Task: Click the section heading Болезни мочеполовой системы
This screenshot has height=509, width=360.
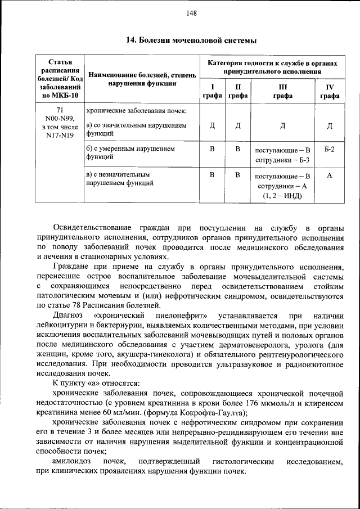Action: (x=191, y=40)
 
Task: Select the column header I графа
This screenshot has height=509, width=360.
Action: (x=212, y=91)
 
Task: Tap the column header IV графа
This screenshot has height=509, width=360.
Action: (x=330, y=91)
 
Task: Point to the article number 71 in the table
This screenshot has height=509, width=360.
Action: (x=60, y=110)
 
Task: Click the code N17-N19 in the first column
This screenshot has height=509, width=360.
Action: (x=60, y=135)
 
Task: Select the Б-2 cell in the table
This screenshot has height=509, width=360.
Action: (x=330, y=150)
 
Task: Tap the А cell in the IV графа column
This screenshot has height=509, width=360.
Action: (x=330, y=175)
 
